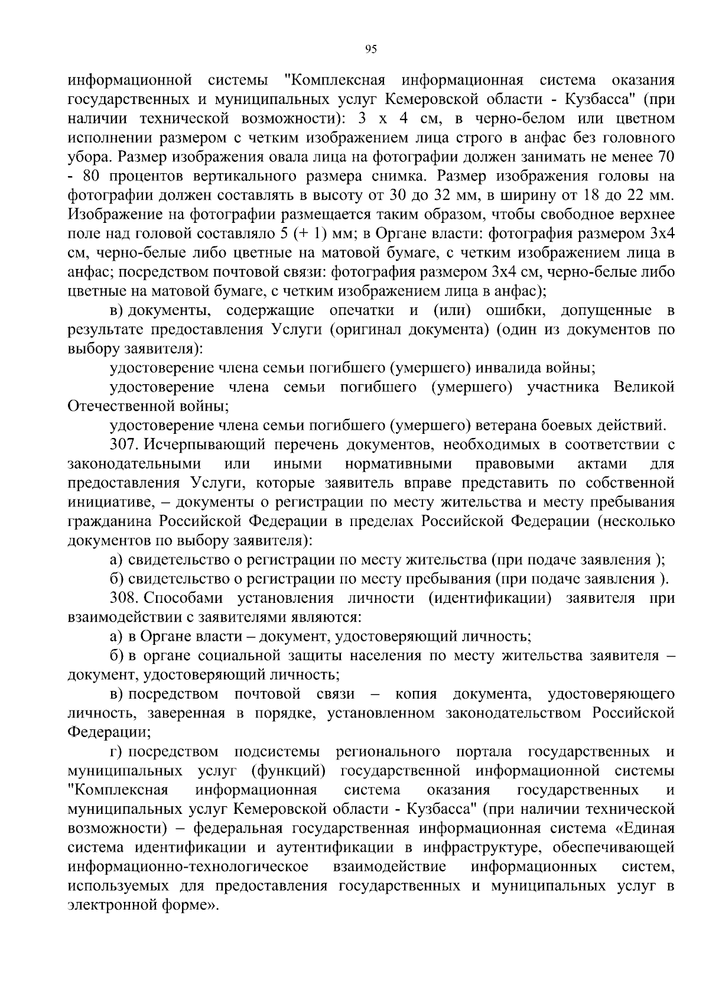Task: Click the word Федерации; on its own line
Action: [109, 732]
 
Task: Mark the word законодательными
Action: [134, 463]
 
